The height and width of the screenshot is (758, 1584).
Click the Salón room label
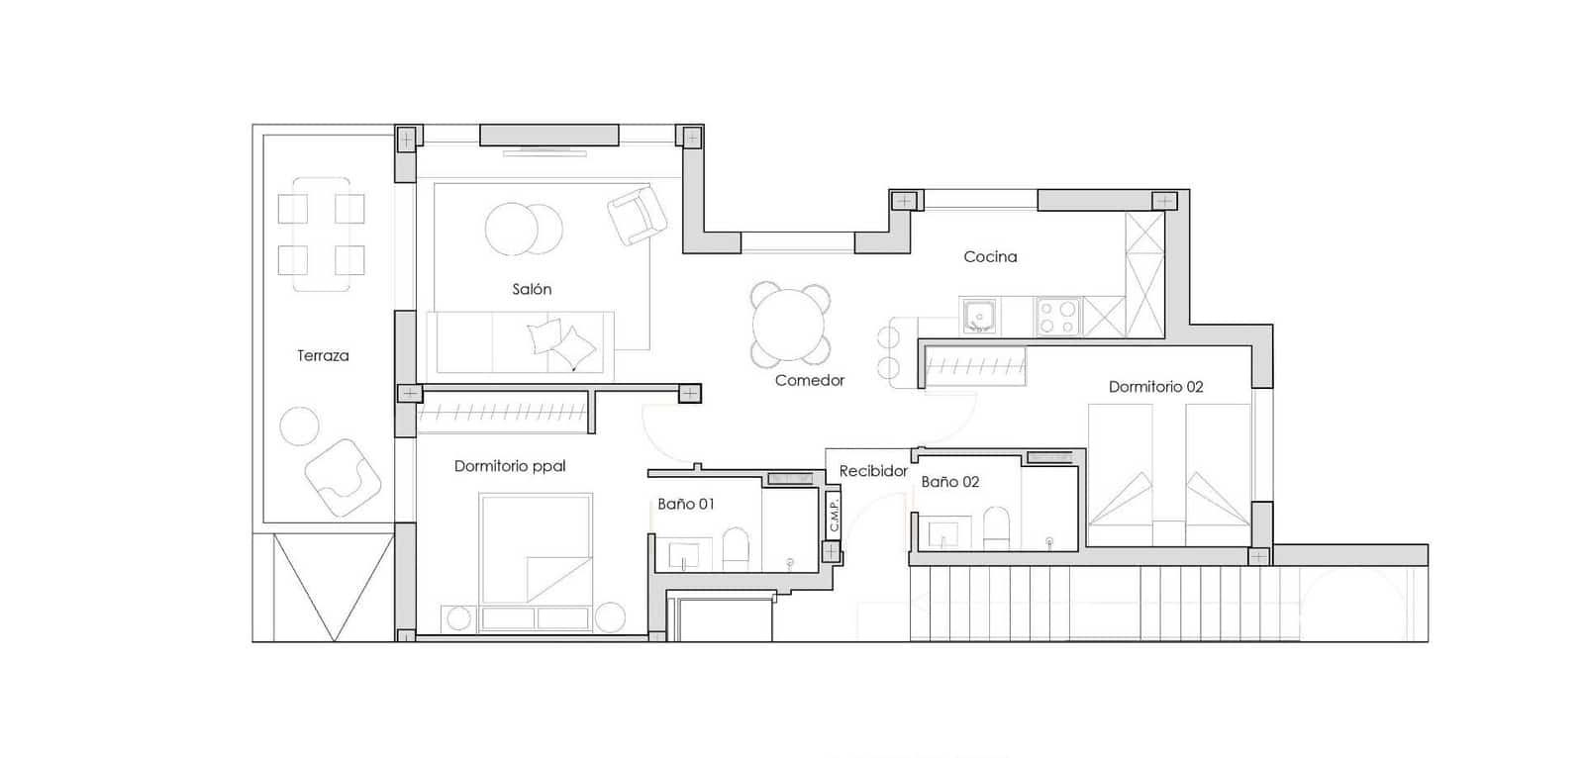point(532,289)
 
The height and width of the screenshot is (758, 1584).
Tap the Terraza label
point(323,355)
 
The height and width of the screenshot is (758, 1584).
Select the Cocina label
point(990,256)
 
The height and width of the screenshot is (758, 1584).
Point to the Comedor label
point(810,380)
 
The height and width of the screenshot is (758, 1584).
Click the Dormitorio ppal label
point(510,466)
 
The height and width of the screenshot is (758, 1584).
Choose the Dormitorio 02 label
point(1155,387)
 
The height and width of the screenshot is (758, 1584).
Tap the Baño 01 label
point(686,504)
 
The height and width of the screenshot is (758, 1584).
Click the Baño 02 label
point(949,482)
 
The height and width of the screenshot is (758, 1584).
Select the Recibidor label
point(873,471)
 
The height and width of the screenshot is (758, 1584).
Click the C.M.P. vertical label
point(834,516)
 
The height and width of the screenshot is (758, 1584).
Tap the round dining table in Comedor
point(789,324)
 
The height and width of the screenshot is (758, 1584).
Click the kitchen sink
point(979,317)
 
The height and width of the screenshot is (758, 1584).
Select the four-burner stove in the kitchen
point(1056,318)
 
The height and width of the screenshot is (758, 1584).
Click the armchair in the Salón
point(636,215)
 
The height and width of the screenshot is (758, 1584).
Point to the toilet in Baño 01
point(736,547)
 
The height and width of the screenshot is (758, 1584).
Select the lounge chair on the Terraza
point(343,476)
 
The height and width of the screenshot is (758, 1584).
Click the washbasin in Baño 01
point(683,554)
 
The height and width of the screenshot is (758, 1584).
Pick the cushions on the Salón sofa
point(561,342)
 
